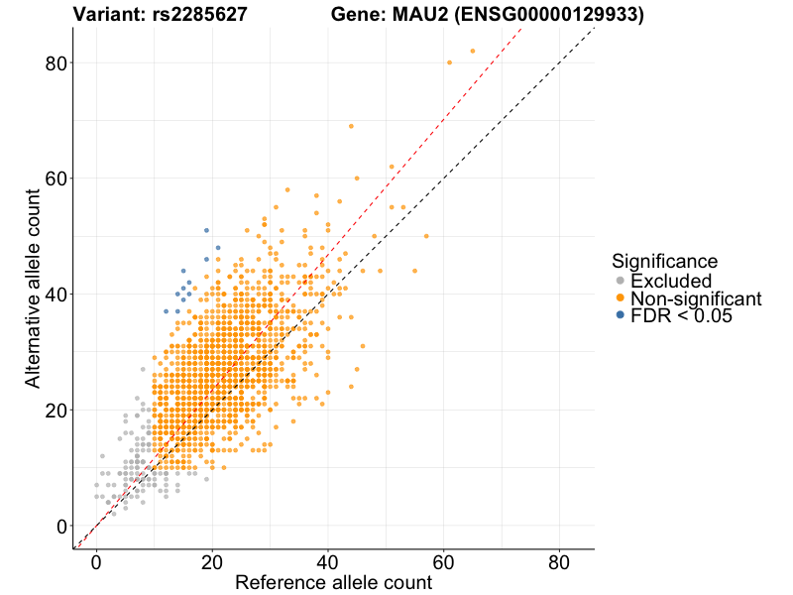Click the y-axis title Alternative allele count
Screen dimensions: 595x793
coord(33,288)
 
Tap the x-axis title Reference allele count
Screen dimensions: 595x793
coord(333,582)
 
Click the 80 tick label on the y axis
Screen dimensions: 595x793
coord(56,62)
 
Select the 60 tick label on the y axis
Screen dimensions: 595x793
coord(56,178)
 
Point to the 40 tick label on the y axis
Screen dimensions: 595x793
coord(56,295)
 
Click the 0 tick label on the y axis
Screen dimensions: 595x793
coord(61,526)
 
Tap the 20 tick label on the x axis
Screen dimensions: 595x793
coord(211,561)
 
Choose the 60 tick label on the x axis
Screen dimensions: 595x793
coord(443,561)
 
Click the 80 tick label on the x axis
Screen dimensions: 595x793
coord(559,561)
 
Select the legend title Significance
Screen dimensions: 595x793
coord(664,261)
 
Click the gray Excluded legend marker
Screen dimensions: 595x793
coord(621,282)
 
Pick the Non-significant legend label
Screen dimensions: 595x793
coord(696,298)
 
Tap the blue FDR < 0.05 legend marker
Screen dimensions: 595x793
coord(621,315)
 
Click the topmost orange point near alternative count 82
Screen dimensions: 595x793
coord(473,51)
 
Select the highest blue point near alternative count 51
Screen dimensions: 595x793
coord(206,230)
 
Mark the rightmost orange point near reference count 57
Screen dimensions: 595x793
coord(426,236)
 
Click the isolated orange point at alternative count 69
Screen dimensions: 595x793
coord(351,126)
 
